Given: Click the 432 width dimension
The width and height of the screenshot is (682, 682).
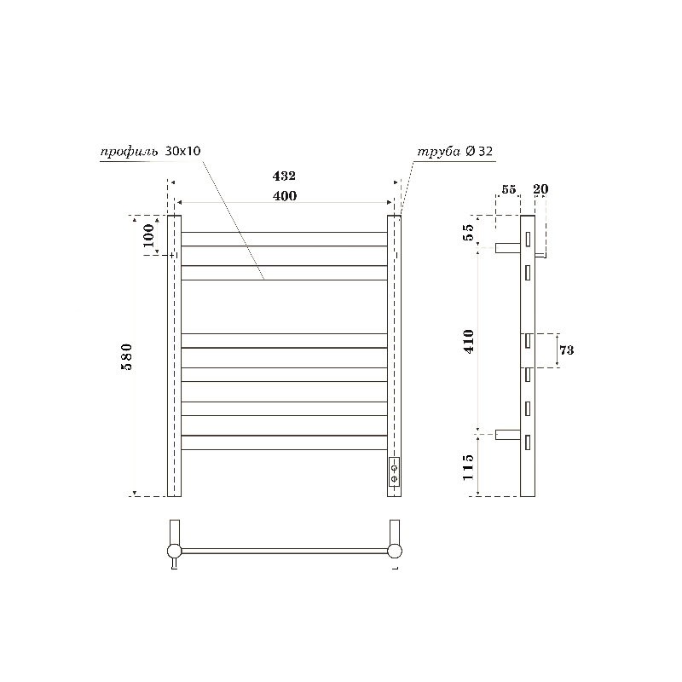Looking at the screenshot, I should click(x=284, y=176).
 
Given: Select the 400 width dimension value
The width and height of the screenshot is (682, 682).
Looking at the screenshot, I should click(x=284, y=196).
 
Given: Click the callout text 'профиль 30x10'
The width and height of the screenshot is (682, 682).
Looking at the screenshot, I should click(x=150, y=151).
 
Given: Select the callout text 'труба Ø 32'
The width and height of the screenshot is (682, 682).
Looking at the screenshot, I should click(x=454, y=151).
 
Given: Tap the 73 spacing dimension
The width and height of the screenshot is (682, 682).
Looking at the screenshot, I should click(x=566, y=350).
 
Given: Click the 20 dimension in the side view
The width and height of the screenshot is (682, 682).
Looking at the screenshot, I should click(x=540, y=189).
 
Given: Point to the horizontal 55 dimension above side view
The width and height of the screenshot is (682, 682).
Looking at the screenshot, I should click(x=508, y=189).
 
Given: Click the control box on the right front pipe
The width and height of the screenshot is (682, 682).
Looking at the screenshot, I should click(x=394, y=471).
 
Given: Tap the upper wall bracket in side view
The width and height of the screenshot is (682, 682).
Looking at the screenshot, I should click(x=508, y=247).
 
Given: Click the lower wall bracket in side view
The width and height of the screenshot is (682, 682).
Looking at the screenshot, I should click(x=508, y=434).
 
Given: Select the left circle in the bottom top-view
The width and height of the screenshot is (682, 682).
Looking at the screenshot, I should click(x=174, y=551).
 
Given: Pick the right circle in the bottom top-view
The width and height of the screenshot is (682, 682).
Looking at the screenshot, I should click(x=394, y=551).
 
